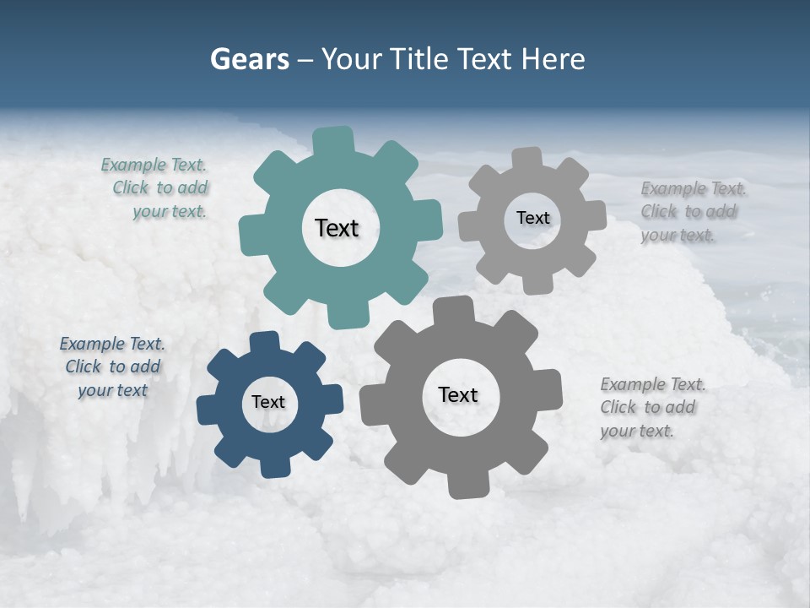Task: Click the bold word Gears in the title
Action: point(249,59)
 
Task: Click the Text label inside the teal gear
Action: point(337,228)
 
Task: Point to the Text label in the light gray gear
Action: point(532,218)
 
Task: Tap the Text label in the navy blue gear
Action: point(268,402)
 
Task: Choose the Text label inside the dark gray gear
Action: point(458,394)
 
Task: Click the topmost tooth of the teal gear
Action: point(335,140)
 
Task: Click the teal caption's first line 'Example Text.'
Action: point(154,165)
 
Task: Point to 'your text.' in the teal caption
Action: point(170,211)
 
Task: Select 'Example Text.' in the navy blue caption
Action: point(112,344)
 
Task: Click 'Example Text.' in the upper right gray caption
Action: point(694,188)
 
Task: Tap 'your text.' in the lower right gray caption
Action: point(637,431)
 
